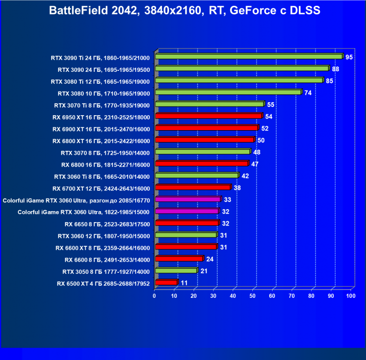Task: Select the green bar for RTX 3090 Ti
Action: point(248,57)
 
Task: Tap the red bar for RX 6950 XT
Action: point(208,116)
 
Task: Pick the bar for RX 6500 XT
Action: point(166,282)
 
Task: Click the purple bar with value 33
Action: point(187,200)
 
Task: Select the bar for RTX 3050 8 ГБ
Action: point(176,271)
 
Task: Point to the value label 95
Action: point(349,57)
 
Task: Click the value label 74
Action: point(308,93)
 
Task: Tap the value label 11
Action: point(184,282)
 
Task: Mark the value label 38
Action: point(237,187)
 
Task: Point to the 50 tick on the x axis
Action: point(253,295)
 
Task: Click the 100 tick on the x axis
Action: point(351,295)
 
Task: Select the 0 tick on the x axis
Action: point(155,295)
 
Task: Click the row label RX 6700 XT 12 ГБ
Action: point(101,188)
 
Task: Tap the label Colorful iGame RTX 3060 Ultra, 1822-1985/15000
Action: point(84,212)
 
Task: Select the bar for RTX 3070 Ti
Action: point(209,104)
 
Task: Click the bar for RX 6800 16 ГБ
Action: point(201,164)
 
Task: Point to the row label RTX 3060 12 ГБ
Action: point(104,236)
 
